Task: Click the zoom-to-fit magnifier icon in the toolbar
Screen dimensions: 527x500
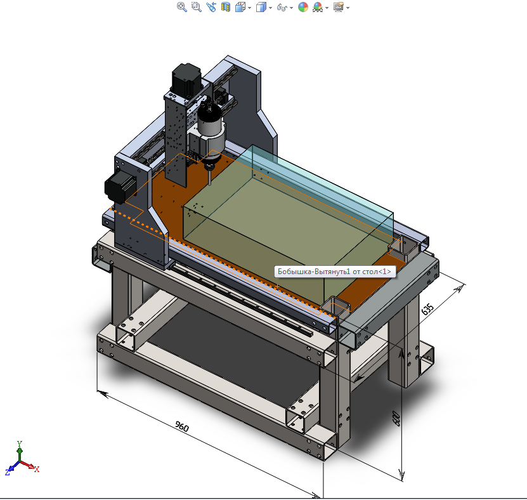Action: point(182,7)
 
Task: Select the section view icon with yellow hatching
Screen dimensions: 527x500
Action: point(226,7)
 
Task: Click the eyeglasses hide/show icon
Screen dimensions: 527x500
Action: point(282,8)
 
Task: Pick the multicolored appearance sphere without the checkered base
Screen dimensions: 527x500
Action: point(303,7)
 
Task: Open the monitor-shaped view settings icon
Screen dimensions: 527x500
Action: point(339,7)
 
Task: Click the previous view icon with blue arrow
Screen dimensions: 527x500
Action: point(211,7)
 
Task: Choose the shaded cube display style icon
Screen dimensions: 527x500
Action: point(261,7)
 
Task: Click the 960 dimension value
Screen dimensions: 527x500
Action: point(182,426)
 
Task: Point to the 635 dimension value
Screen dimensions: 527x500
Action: point(427,309)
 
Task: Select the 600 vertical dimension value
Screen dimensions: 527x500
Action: point(396,419)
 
